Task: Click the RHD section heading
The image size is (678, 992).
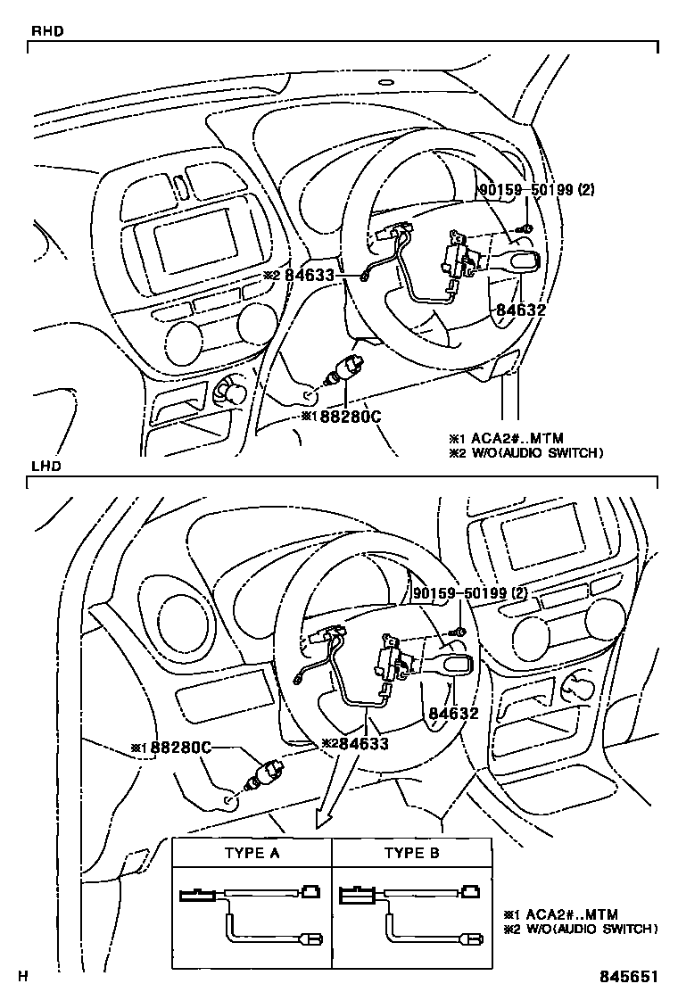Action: (46, 31)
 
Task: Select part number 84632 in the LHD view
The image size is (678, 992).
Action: (453, 713)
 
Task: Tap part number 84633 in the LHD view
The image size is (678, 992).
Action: (362, 743)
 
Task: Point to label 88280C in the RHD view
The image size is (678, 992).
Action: (349, 417)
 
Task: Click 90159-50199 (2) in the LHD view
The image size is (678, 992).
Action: (469, 593)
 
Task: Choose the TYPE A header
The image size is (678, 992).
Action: (252, 853)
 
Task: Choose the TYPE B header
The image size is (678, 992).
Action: (411, 853)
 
